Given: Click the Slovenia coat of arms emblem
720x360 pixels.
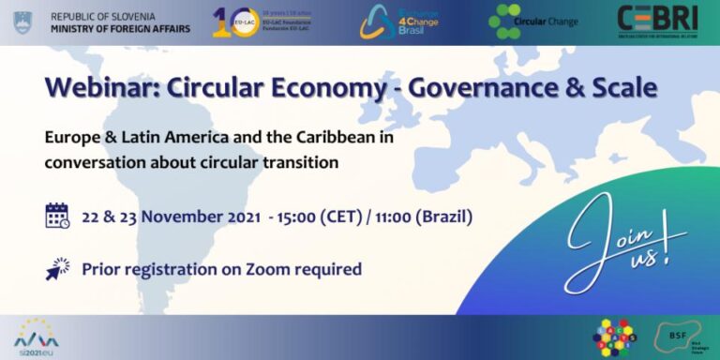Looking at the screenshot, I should tap(22, 22).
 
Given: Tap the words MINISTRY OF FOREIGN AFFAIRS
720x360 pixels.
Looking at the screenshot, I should tap(120, 29).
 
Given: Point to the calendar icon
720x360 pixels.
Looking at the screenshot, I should tap(57, 216).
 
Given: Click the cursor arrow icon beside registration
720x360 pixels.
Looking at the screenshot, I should tap(57, 269).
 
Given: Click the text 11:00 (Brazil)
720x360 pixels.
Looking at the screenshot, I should tap(426, 217).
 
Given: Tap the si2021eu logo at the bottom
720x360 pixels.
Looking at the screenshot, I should tap(36, 336).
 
